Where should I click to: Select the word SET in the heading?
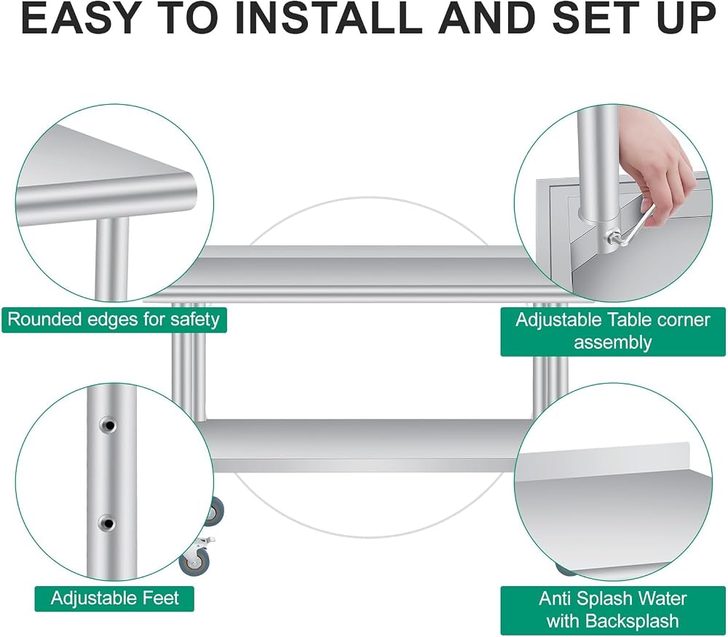pos(601,19)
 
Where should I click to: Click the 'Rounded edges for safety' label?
pos(114,320)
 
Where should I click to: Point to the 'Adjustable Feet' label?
pos(115,598)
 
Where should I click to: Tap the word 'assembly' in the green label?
pos(613,343)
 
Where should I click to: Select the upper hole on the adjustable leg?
pos(108,425)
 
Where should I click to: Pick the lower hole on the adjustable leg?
pos(108,523)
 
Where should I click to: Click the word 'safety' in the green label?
pos(194,320)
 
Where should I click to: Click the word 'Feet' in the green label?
pos(161,598)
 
